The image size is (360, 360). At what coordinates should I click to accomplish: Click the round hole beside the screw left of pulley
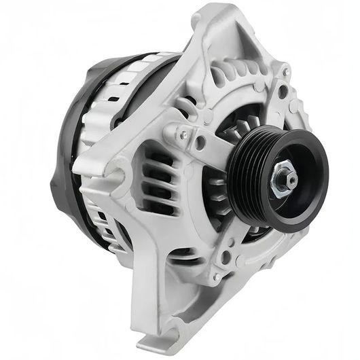200,143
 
